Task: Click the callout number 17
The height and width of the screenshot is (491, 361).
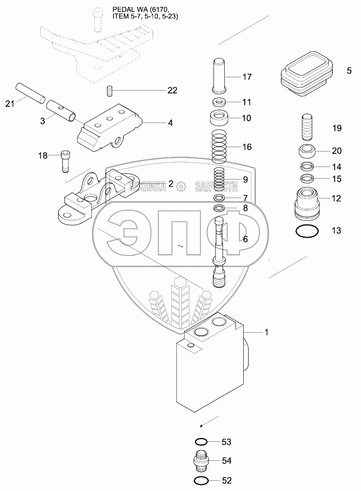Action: coord(247,77)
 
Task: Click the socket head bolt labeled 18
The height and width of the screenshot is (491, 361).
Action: coord(65,161)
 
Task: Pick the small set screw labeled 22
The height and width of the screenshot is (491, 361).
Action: coord(110,91)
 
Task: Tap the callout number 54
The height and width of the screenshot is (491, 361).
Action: coord(227,461)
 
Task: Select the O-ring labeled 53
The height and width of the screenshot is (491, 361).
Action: coord(201,442)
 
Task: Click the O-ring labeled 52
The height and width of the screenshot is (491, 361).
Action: coord(201,480)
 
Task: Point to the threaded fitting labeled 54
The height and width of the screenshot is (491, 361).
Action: coord(201,461)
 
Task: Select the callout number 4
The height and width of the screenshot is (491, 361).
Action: coord(170,123)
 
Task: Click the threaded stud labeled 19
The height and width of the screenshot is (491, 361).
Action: coord(307,128)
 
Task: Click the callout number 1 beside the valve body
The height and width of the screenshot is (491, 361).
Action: coord(267,332)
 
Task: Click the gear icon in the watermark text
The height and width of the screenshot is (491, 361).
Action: coord(181,187)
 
